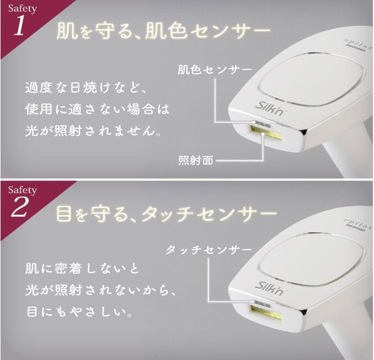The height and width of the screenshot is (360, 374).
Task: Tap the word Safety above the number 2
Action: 22,190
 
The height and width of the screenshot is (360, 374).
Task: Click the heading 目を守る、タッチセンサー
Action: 165,213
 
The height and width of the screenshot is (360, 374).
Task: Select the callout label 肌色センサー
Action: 214,70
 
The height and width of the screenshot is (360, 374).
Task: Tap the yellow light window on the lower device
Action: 267,316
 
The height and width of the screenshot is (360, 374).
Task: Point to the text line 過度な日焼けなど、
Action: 88,88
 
